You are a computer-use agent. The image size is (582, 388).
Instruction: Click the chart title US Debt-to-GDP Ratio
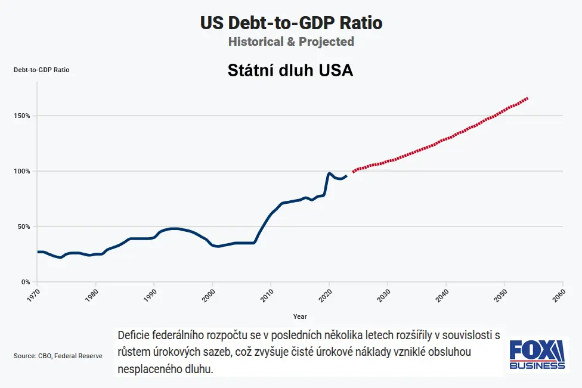[291, 23]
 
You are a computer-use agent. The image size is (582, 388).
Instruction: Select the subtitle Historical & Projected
[291, 42]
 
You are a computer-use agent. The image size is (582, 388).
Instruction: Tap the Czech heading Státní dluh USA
[291, 70]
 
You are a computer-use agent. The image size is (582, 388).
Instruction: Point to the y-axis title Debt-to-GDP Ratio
[42, 70]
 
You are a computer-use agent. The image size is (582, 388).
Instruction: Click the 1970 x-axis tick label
[35, 294]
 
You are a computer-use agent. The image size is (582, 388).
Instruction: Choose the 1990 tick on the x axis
[151, 294]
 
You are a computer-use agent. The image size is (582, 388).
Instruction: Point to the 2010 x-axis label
[268, 294]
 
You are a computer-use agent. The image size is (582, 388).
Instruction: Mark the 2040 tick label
[443, 294]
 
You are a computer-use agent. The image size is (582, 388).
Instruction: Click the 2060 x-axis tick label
[560, 294]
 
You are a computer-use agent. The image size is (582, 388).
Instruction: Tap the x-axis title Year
[300, 316]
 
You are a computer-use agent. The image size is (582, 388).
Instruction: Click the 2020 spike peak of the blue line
[329, 173]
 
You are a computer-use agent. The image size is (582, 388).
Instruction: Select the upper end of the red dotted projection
[528, 98]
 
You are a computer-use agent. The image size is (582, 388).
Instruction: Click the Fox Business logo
[537, 355]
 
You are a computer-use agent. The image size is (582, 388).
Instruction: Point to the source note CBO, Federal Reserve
[58, 356]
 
